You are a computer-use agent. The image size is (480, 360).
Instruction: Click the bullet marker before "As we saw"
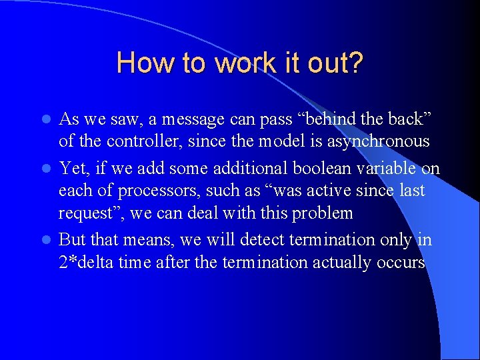[46, 120]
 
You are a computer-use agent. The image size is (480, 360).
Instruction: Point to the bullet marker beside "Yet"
[46, 169]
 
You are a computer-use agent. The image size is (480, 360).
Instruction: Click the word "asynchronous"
[379, 141]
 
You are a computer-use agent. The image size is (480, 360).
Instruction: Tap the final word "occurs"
[402, 263]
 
